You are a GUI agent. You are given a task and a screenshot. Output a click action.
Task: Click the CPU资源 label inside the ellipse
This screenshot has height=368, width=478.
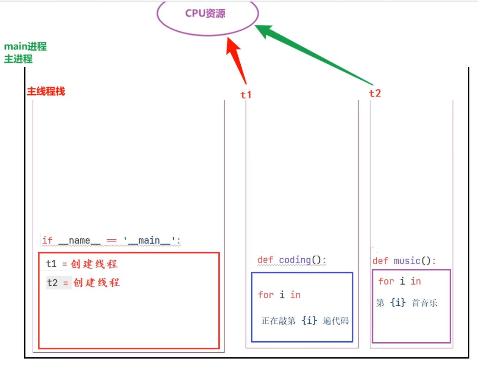[x=205, y=14]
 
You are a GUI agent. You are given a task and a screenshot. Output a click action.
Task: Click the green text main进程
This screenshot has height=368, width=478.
[x=25, y=46]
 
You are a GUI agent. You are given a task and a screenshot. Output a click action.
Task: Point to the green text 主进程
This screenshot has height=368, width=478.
[x=18, y=59]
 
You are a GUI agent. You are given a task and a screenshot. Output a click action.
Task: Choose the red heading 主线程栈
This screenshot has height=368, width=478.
[x=46, y=91]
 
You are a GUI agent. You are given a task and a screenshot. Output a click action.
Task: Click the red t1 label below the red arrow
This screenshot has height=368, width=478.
[x=246, y=95]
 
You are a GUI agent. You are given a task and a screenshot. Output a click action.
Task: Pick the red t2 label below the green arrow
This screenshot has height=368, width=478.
[x=375, y=94]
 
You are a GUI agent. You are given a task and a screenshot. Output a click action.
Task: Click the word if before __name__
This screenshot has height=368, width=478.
[x=47, y=240]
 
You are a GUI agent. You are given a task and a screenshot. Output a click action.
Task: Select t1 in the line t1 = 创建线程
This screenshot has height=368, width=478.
[x=51, y=264]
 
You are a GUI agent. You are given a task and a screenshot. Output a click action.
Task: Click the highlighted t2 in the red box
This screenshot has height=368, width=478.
[x=52, y=282]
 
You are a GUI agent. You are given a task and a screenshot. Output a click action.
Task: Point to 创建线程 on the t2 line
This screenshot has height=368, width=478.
[x=97, y=282]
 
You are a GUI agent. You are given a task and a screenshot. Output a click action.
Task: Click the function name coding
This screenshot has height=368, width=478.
[x=295, y=260]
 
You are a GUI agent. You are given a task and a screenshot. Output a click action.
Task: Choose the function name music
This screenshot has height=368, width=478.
[x=407, y=261]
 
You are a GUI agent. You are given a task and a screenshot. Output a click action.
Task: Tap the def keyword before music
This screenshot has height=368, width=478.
[x=380, y=261]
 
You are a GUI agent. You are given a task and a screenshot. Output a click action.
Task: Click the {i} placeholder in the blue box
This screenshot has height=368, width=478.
[x=309, y=320]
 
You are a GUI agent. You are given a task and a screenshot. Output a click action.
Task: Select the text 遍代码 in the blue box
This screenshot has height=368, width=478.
[x=336, y=321]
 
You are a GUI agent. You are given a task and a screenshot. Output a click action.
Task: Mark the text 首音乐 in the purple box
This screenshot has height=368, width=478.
[x=425, y=303]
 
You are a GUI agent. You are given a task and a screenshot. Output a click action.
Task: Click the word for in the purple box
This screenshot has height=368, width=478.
[x=386, y=281]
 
